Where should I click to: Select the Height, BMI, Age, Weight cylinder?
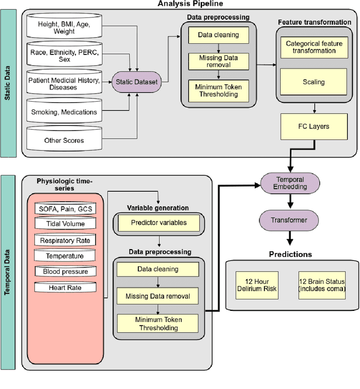click(64, 28)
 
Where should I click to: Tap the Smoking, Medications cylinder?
click(64, 112)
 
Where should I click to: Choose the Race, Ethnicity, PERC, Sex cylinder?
click(64, 56)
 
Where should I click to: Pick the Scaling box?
click(313, 82)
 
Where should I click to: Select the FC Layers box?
click(313, 126)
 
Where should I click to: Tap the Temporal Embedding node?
click(290, 184)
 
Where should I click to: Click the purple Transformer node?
click(290, 220)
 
